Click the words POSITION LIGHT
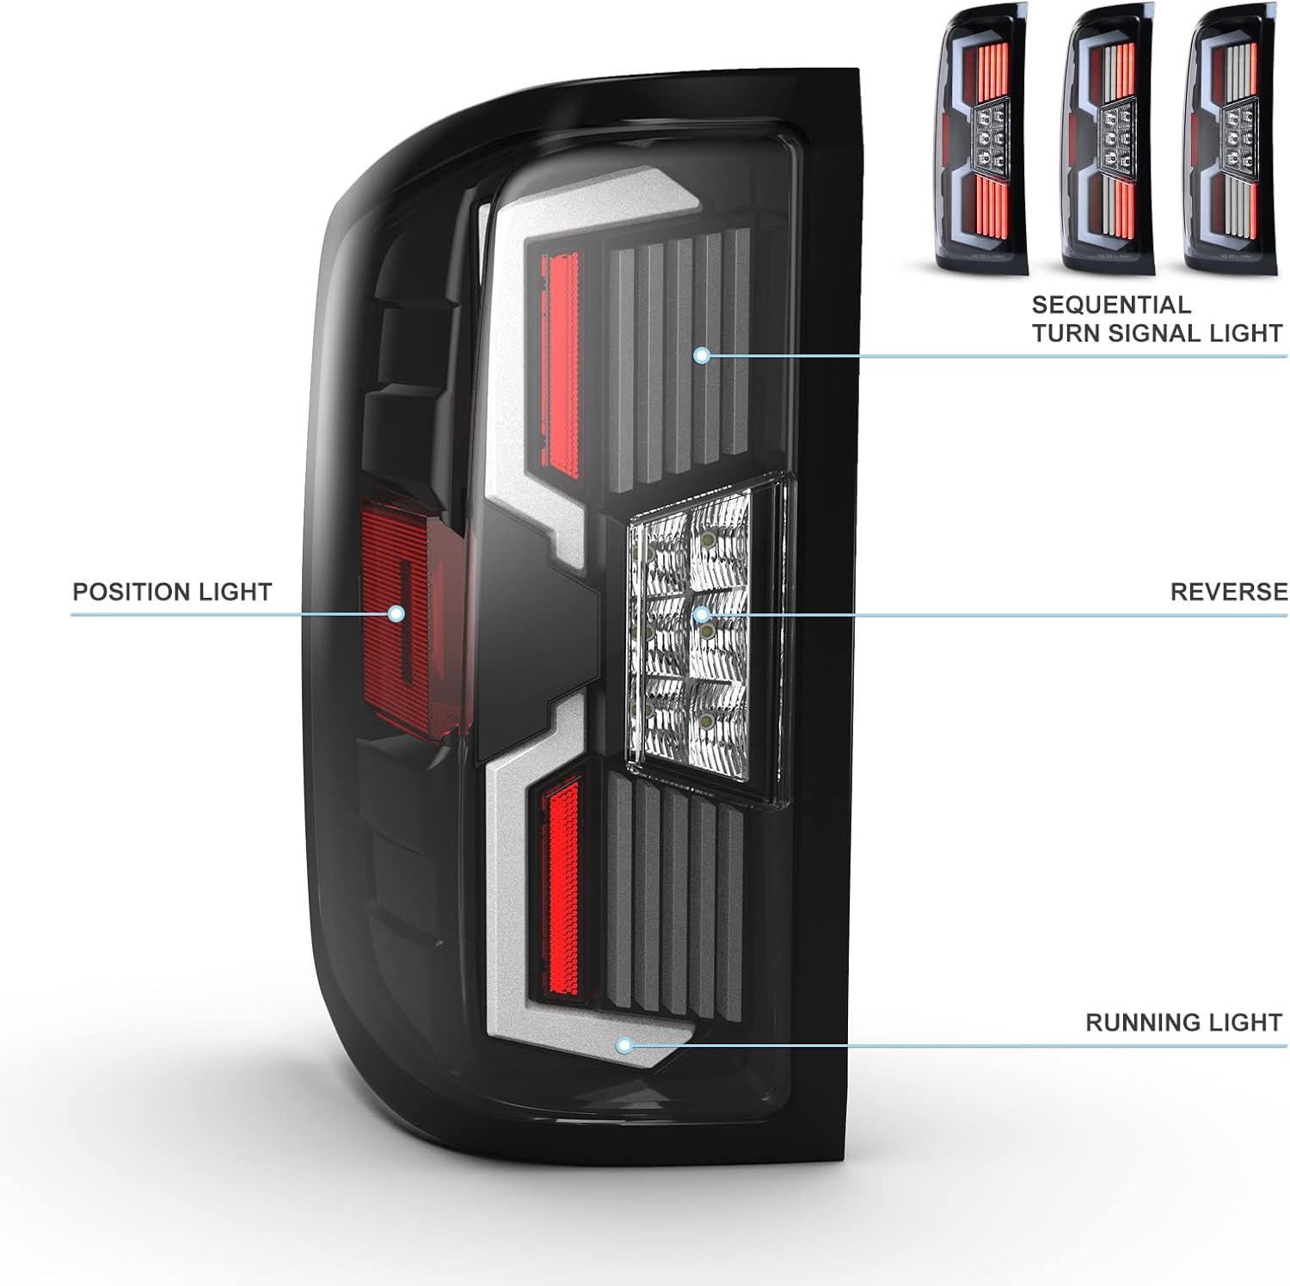(x=172, y=592)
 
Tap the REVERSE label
(x=1229, y=592)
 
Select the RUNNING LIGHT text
(x=1183, y=1023)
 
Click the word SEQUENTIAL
(x=1111, y=305)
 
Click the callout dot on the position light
(x=396, y=613)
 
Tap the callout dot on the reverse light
(x=701, y=614)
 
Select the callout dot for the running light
(x=624, y=1046)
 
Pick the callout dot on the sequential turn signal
(x=702, y=354)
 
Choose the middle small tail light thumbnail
(x=1108, y=138)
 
